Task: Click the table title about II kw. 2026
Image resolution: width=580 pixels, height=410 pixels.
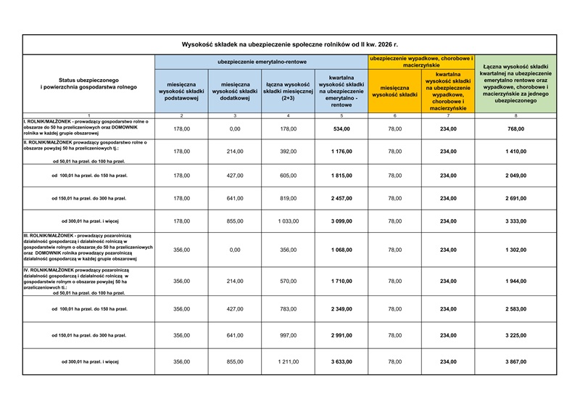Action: pos(289,45)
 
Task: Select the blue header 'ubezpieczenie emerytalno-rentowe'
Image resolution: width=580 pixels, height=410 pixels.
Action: pos(261,62)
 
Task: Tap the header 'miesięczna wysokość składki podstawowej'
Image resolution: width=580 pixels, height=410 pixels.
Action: pos(181,91)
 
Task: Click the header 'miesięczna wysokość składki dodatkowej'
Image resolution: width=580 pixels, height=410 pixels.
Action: pos(235,91)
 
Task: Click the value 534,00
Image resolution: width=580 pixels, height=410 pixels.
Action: pos(341,128)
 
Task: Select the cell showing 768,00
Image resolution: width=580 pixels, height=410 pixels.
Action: pos(516,128)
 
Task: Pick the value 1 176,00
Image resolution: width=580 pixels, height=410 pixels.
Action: pos(341,152)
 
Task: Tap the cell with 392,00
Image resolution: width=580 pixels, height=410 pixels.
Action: pos(289,152)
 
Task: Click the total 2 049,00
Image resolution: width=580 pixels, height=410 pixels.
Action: pos(516,175)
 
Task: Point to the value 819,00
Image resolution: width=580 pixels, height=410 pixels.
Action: pos(289,198)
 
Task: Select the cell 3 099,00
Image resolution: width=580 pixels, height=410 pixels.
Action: pos(341,221)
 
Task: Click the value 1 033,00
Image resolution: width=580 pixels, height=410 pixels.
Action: pos(289,221)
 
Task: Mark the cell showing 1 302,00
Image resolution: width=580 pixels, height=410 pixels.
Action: pos(516,250)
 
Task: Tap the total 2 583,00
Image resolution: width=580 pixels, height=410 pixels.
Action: pos(516,308)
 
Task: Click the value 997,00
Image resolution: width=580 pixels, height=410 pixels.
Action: pos(289,335)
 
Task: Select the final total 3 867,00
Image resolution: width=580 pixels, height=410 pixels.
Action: pos(516,361)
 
